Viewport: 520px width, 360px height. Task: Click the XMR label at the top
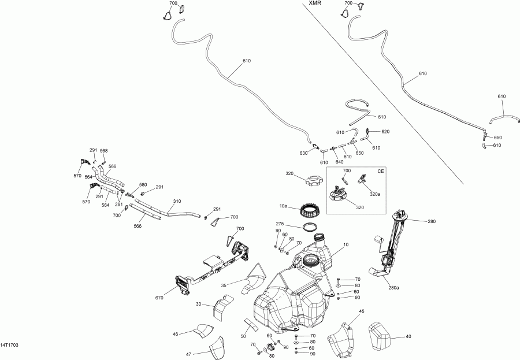pyautogui.click(x=315, y=3)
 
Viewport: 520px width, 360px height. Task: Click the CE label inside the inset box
pyautogui.click(x=381, y=171)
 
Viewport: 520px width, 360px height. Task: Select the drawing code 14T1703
pyautogui.click(x=9, y=346)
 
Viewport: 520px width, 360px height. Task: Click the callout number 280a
pyautogui.click(x=393, y=288)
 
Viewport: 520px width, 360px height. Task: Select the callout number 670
pyautogui.click(x=159, y=298)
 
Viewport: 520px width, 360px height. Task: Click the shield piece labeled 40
pyautogui.click(x=380, y=336)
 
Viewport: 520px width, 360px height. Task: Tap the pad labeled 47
pyautogui.click(x=217, y=348)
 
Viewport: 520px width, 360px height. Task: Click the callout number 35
pyautogui.click(x=224, y=285)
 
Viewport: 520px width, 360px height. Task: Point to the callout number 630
pyautogui.click(x=303, y=153)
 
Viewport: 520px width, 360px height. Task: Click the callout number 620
pyautogui.click(x=385, y=132)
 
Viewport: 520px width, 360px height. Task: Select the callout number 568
pyautogui.click(x=104, y=151)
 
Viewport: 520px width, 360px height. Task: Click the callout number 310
pyautogui.click(x=177, y=202)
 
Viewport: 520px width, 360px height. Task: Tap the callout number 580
pyautogui.click(x=143, y=185)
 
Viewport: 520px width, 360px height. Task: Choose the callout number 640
pyautogui.click(x=339, y=162)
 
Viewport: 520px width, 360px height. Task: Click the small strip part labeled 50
pyautogui.click(x=251, y=324)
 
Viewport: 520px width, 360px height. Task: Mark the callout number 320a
pyautogui.click(x=375, y=194)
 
